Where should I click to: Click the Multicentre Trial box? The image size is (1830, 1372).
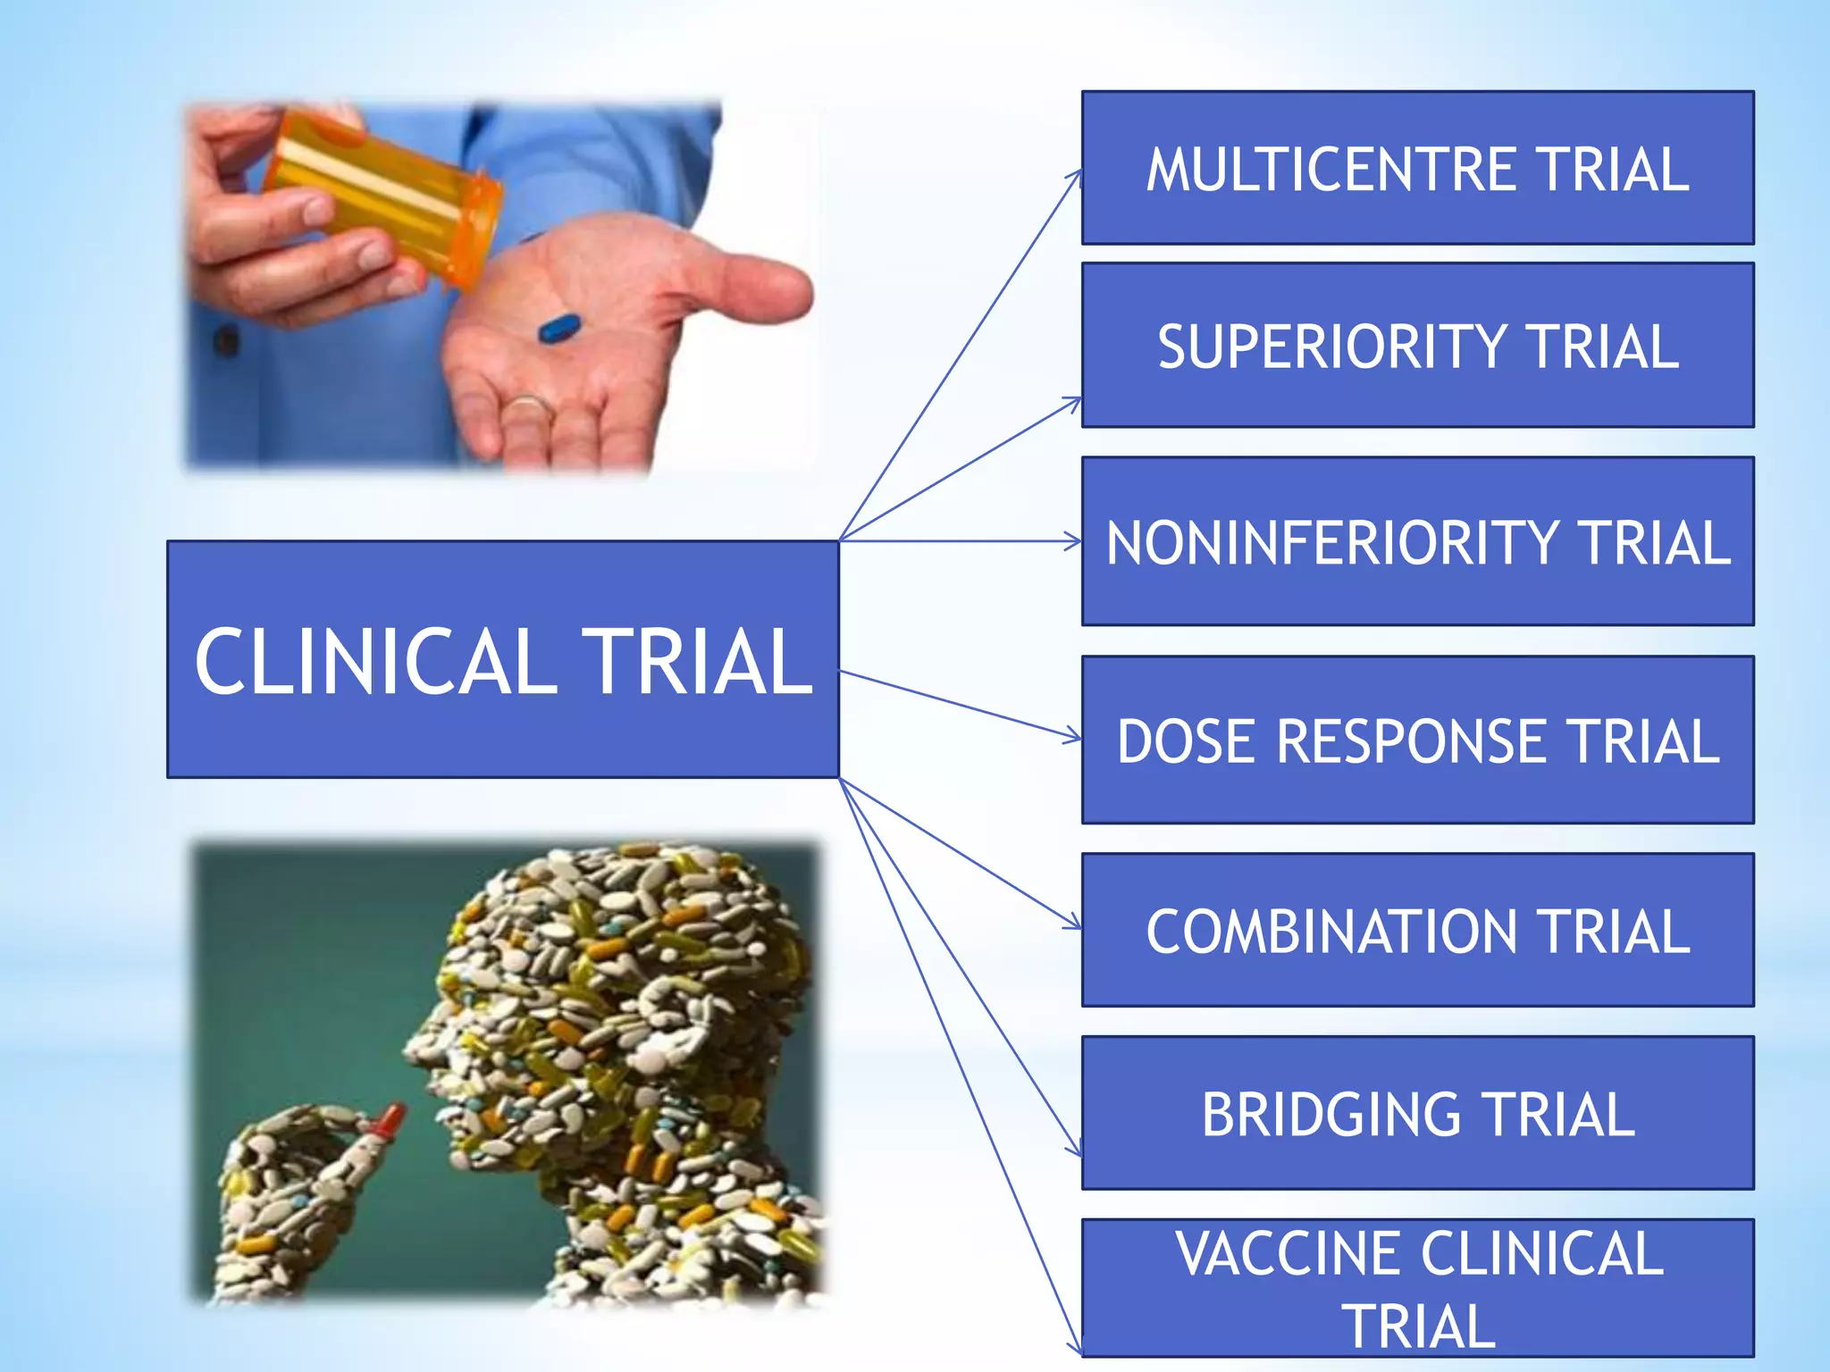[1417, 168]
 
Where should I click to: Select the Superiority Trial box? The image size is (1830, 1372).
[1417, 346]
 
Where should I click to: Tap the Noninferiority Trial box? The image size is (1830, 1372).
[1417, 541]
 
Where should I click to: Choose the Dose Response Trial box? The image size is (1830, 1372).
[1417, 740]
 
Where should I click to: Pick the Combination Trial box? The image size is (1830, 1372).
[1417, 931]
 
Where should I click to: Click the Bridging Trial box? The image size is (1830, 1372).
[1417, 1113]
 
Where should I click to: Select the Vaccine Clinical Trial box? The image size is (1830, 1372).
[1417, 1288]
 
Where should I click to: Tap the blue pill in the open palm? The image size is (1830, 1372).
[559, 329]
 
